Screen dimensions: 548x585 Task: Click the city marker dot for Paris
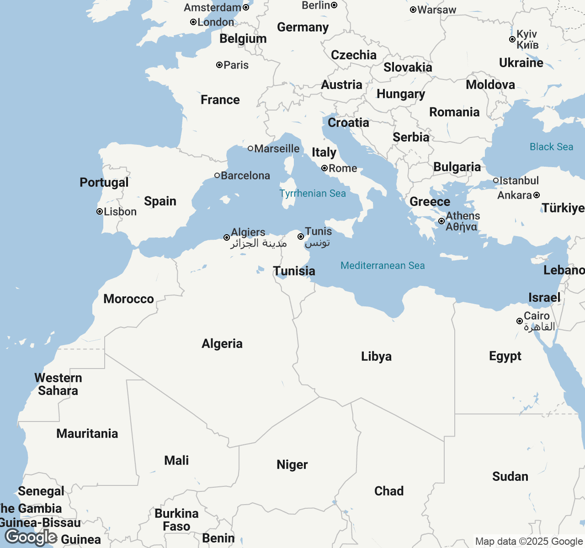tap(219, 65)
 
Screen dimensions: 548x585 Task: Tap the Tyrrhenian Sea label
tap(313, 194)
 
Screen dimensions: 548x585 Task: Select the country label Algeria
tap(222, 343)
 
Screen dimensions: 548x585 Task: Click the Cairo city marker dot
tap(520, 321)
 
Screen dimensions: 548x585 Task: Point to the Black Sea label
tap(551, 147)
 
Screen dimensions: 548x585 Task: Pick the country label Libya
tap(376, 356)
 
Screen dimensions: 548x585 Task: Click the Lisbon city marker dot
tap(100, 211)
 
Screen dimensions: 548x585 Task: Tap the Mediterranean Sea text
tap(383, 266)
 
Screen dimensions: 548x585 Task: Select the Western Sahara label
tap(58, 384)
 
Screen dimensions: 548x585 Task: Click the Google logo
tap(31, 537)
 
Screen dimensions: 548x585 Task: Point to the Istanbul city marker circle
tap(496, 180)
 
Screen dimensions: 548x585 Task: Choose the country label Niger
tap(292, 464)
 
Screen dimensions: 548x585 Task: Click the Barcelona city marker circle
tap(217, 175)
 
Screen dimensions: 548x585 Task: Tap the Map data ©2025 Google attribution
tap(529, 542)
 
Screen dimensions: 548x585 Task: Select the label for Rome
tap(343, 168)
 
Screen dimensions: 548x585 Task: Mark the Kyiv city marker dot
tap(512, 39)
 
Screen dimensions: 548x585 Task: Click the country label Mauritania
tap(87, 433)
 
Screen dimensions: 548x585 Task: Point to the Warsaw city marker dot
tap(413, 10)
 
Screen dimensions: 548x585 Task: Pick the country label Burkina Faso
tap(176, 520)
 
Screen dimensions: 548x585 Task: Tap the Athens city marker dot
tap(441, 221)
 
